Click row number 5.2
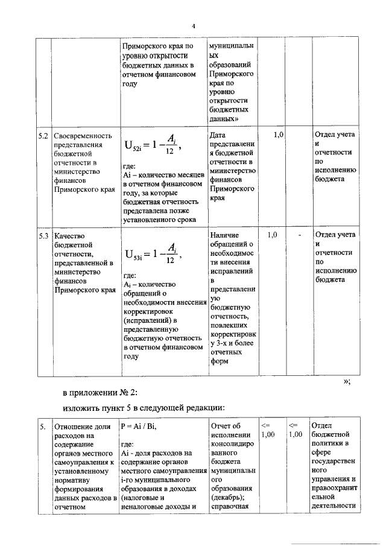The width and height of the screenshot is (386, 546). click(43, 135)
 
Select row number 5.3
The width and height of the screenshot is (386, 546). click(43, 235)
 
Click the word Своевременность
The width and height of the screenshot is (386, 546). click(83, 135)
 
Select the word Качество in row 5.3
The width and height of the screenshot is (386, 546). click(69, 235)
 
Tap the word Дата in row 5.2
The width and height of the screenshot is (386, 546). click(218, 135)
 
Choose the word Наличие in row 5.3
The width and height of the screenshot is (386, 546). click(225, 235)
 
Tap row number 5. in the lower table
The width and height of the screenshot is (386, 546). click(43, 427)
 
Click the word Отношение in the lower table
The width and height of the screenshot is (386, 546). click(75, 427)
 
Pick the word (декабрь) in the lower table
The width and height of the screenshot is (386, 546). click(228, 497)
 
